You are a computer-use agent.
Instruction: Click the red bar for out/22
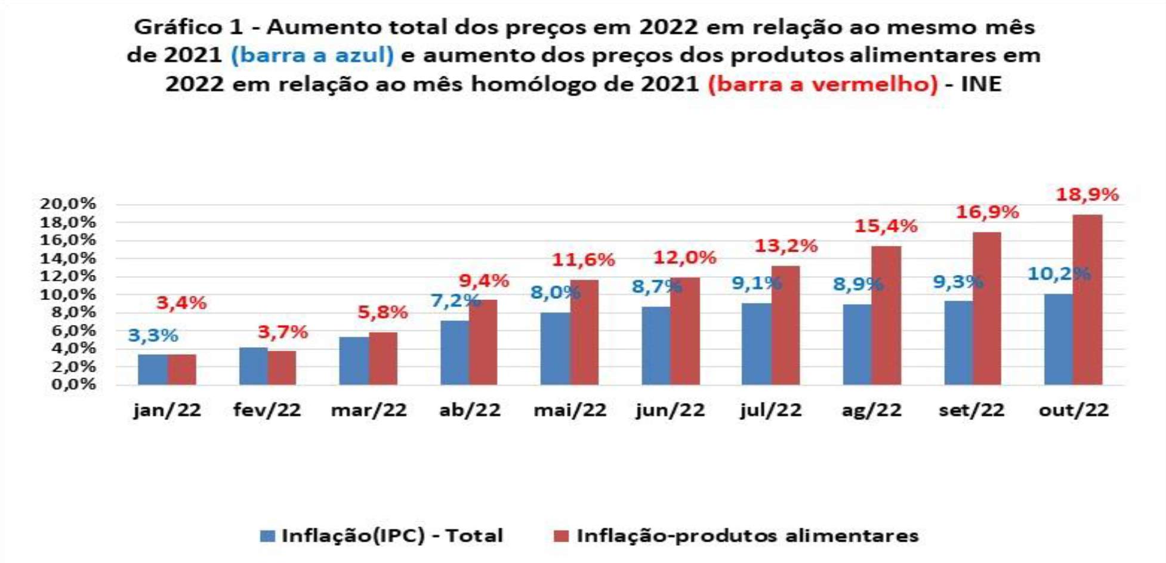click(x=1087, y=299)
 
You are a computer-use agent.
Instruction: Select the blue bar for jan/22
click(x=153, y=369)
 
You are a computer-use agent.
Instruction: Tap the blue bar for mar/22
click(x=354, y=361)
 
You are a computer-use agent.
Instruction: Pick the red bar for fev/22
click(x=282, y=367)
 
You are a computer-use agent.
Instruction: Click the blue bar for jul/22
click(x=757, y=344)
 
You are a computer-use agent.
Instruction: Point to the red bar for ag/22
click(x=886, y=315)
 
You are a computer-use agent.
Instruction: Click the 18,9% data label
click(x=1087, y=194)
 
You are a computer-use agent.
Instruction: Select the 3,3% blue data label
click(x=153, y=336)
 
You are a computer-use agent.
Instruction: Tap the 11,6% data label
click(x=583, y=260)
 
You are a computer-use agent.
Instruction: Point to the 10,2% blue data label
click(x=1059, y=274)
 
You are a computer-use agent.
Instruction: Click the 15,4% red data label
click(x=886, y=227)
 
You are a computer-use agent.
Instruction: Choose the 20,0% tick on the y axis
click(x=68, y=204)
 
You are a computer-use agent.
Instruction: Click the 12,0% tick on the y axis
click(x=68, y=276)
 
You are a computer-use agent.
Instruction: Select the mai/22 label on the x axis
click(x=570, y=410)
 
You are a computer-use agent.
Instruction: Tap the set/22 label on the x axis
click(x=971, y=410)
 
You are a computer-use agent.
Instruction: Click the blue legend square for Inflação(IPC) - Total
click(x=268, y=536)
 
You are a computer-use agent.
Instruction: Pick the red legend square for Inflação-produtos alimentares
click(x=561, y=536)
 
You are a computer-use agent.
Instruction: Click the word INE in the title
click(x=981, y=84)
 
